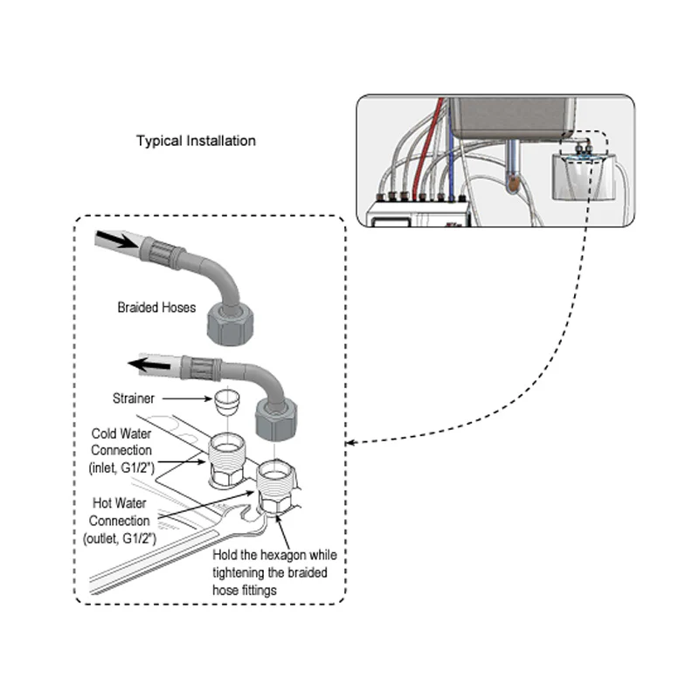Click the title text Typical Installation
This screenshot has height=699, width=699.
coord(196,141)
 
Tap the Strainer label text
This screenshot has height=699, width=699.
coord(133,398)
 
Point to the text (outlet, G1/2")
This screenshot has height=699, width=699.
coord(126,539)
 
